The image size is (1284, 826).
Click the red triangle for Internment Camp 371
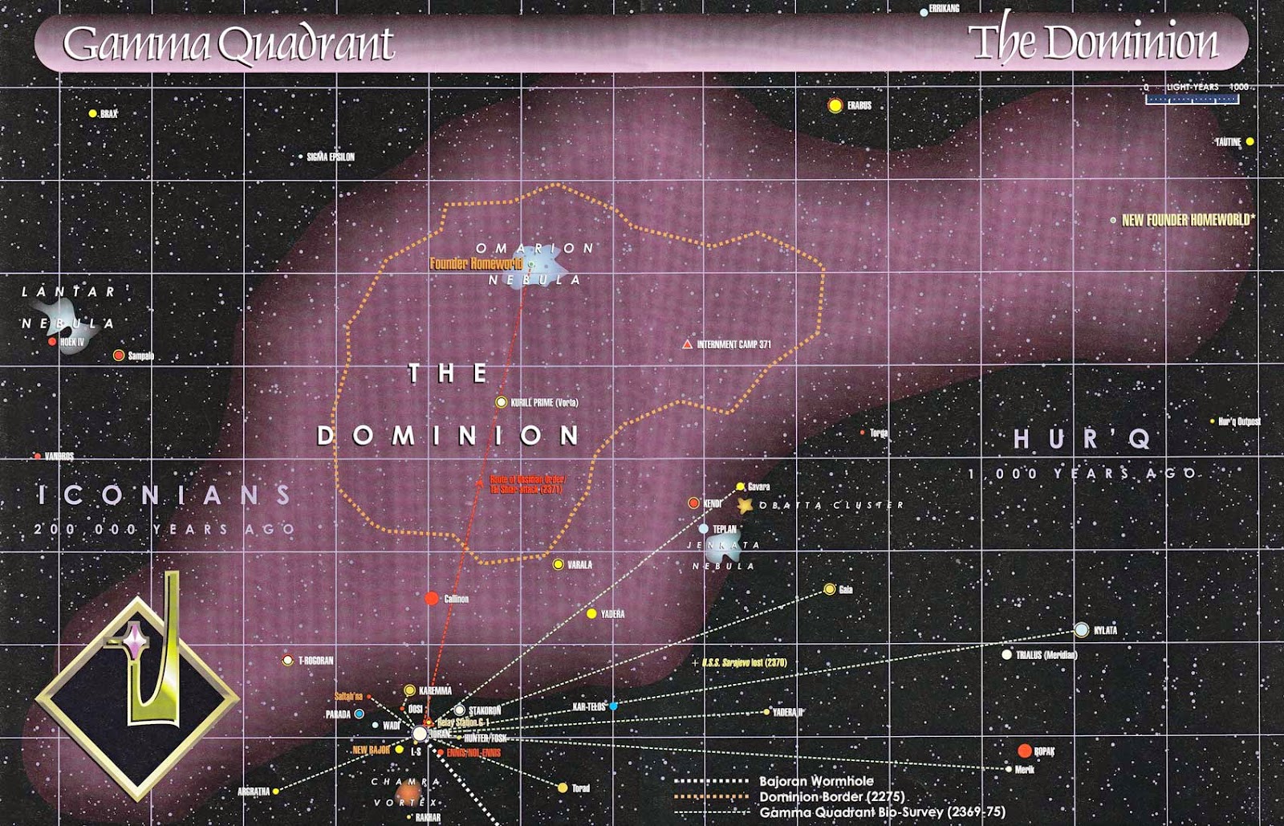click(687, 344)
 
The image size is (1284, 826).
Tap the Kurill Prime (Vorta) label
click(544, 402)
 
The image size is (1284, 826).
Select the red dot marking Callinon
click(432, 598)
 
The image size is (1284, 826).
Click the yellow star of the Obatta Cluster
click(746, 506)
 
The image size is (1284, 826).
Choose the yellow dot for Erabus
click(835, 105)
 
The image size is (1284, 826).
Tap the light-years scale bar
click(1193, 99)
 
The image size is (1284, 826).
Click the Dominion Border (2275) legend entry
click(831, 796)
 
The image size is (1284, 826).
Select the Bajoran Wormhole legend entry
click(816, 781)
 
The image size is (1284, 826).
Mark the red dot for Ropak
click(1024, 751)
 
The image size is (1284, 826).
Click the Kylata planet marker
click(1082, 630)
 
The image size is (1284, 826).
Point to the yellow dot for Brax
click(93, 114)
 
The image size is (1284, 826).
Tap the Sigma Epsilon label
click(330, 157)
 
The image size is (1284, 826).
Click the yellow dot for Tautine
click(1249, 142)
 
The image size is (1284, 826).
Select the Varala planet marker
click(558, 564)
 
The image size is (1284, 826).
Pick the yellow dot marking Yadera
click(591, 614)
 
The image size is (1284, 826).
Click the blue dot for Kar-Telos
click(613, 706)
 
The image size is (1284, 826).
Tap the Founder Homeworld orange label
click(475, 263)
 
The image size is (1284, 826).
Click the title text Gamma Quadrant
click(229, 44)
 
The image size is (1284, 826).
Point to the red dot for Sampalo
click(119, 356)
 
